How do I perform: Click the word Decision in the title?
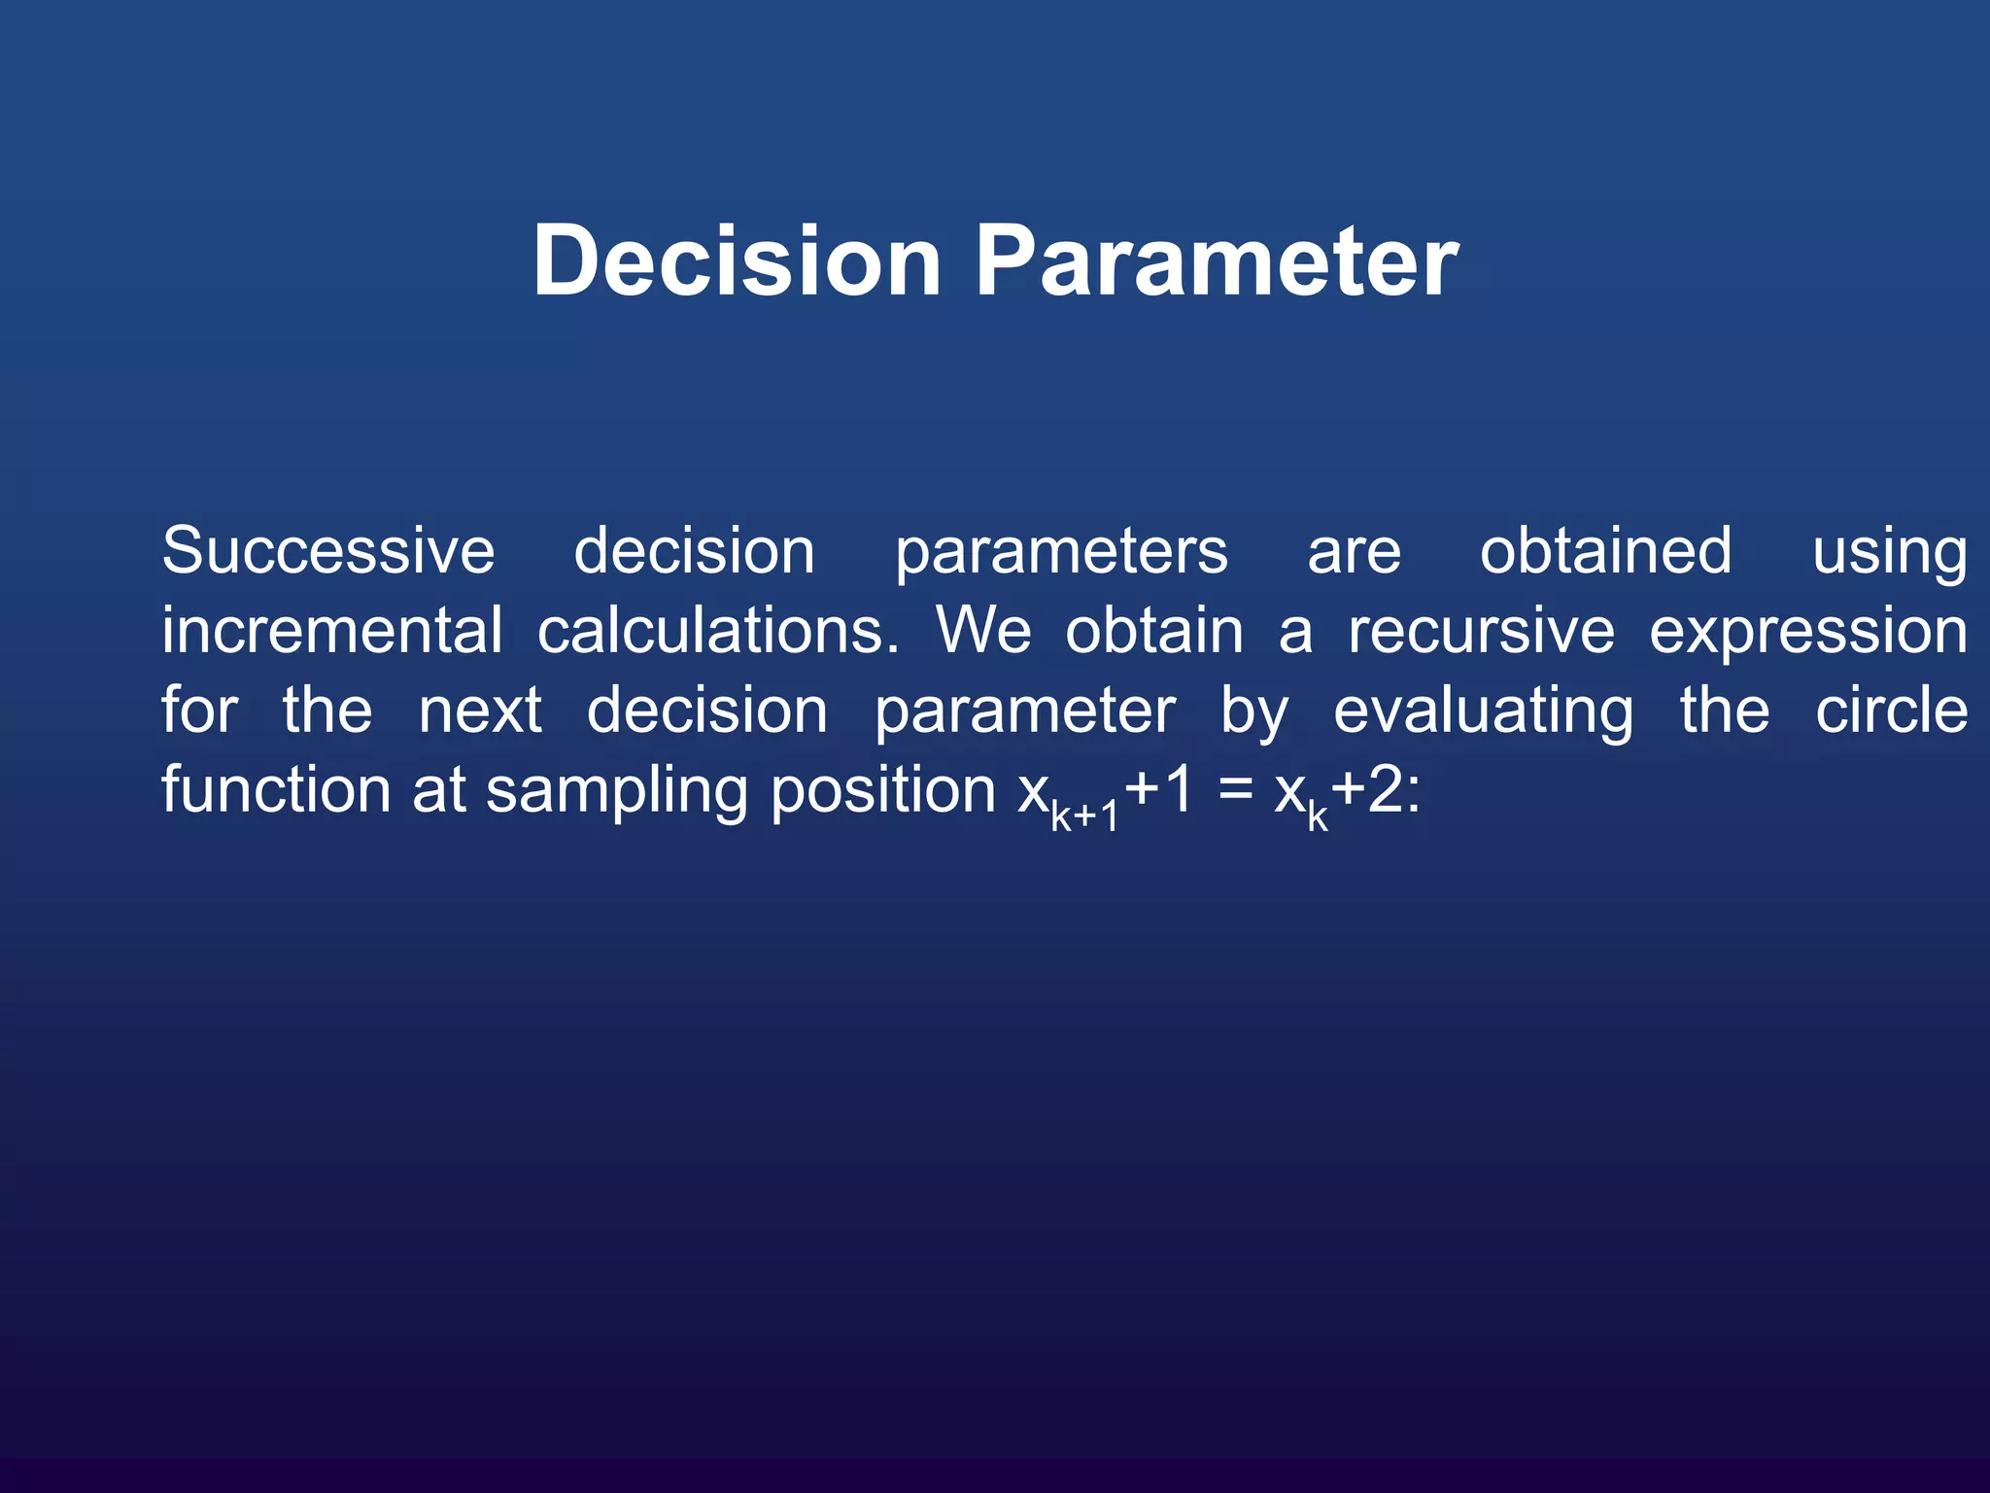click(737, 260)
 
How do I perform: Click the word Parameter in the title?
click(1217, 260)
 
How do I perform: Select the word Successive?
click(328, 551)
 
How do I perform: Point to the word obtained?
click(1605, 551)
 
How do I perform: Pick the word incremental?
click(331, 631)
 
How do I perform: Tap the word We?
click(982, 631)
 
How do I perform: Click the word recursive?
click(1481, 631)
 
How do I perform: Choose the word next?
click(479, 711)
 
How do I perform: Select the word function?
click(276, 789)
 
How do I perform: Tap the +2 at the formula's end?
click(1368, 790)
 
